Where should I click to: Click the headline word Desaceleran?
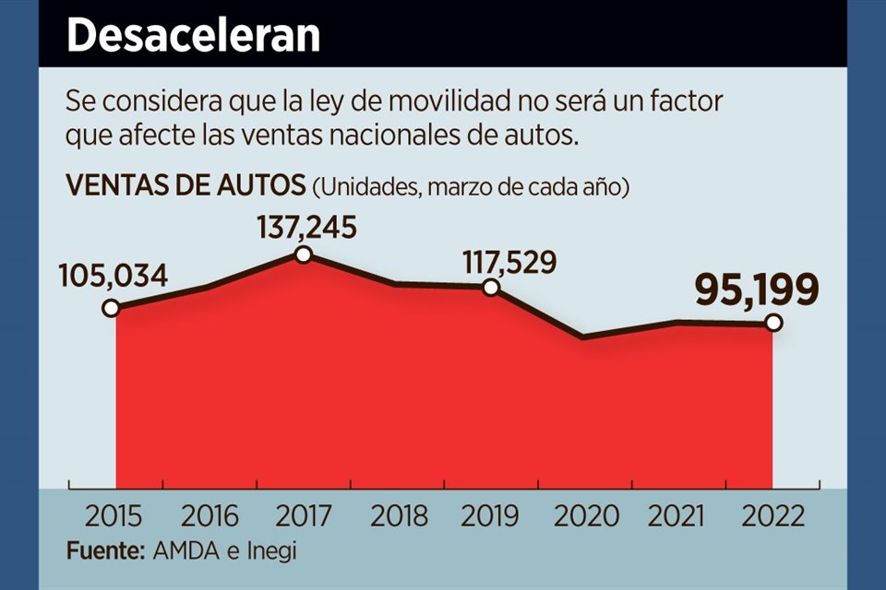pos(193,35)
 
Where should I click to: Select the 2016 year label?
pos(211,515)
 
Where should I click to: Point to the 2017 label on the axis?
pos(305,515)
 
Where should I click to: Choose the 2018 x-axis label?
pos(398,515)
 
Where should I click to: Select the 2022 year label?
pos(772,515)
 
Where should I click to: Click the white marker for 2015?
pos(111,309)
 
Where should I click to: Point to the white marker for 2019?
pos(491,288)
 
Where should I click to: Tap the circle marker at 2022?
pos(773,323)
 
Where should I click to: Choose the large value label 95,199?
pos(757,290)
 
